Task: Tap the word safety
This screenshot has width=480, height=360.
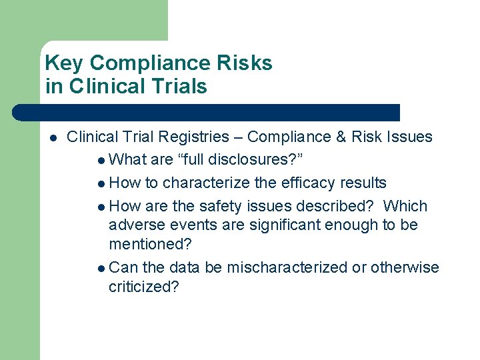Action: tap(221, 206)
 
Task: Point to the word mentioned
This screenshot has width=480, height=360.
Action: tap(146, 245)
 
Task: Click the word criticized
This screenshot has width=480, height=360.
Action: tap(143, 287)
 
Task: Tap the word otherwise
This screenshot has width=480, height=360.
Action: tap(405, 267)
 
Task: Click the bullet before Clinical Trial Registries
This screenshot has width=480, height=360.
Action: tap(52, 138)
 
